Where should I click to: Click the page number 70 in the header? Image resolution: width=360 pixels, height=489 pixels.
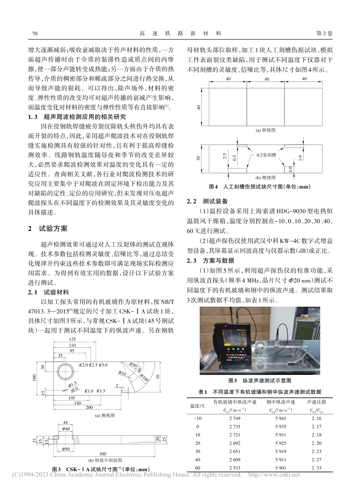coord(35,33)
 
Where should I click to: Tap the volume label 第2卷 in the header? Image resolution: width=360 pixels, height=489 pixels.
coord(324,33)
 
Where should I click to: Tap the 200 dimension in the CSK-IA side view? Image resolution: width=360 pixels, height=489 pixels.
coord(89,407)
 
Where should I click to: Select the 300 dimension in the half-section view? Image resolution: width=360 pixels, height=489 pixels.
coord(102,454)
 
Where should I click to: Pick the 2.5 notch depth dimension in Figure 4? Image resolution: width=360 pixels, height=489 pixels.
coord(225,156)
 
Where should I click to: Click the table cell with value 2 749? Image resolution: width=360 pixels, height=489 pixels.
coord(235,418)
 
